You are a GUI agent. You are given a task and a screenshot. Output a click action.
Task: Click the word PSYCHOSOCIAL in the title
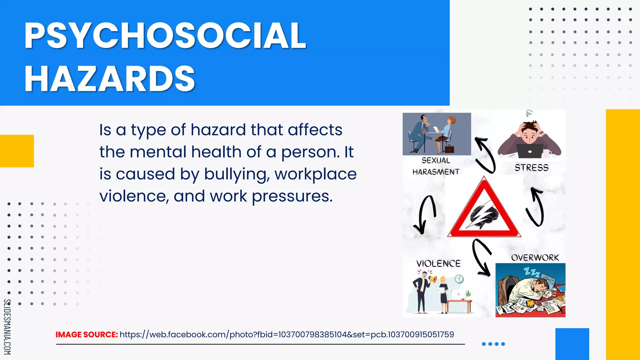[165, 36]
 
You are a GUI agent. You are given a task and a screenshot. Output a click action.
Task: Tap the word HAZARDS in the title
[110, 79]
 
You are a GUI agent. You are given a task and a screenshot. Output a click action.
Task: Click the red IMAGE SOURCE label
[87, 335]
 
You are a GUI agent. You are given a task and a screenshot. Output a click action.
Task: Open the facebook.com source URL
[287, 335]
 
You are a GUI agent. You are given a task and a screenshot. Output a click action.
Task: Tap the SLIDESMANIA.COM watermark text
[7, 327]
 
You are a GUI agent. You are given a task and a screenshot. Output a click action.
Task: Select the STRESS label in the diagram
[532, 168]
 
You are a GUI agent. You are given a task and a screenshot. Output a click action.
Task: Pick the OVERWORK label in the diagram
[535, 258]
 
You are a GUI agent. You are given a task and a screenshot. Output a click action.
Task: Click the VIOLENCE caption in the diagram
[438, 264]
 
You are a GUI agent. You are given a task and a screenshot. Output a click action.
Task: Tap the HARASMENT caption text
[436, 172]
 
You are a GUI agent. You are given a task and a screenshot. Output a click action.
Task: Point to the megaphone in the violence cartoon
[432, 279]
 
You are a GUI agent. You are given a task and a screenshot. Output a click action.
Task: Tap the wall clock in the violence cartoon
[459, 279]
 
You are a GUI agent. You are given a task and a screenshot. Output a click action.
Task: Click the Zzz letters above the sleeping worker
[532, 272]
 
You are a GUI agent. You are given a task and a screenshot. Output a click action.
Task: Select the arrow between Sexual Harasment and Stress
[485, 155]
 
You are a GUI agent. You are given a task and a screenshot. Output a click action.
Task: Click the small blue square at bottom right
[572, 344]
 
